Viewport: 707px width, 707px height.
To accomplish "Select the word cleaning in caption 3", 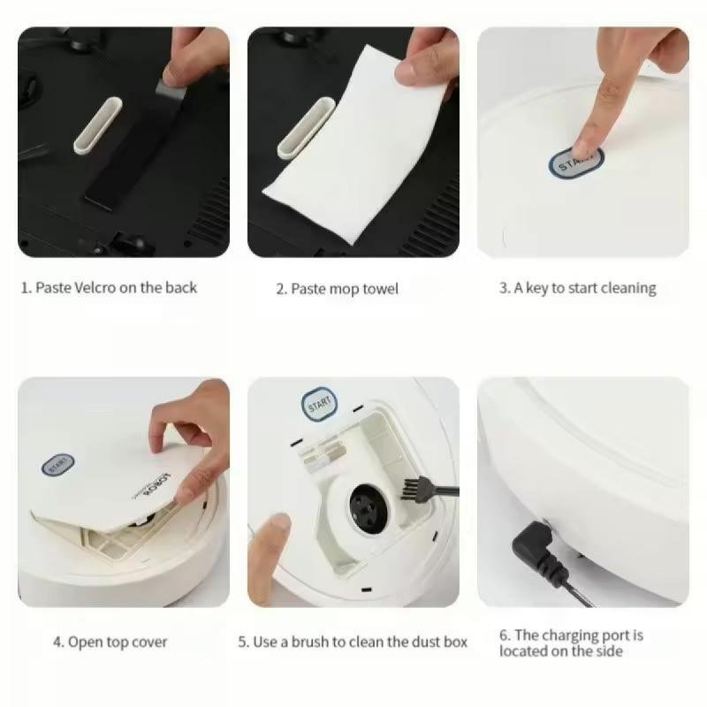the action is click(628, 289).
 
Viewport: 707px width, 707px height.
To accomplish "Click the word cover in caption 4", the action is click(148, 642).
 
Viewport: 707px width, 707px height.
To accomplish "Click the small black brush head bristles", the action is click(411, 489).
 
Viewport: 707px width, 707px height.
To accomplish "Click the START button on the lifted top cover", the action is click(58, 465).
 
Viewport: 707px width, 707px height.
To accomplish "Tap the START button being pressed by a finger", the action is click(576, 163).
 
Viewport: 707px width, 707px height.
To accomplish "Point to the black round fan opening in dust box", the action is click(369, 507).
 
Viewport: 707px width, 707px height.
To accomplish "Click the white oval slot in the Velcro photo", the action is click(98, 125).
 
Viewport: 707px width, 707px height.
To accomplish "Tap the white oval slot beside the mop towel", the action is click(306, 128).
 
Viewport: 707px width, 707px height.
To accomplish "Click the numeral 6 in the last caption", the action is click(504, 635).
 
